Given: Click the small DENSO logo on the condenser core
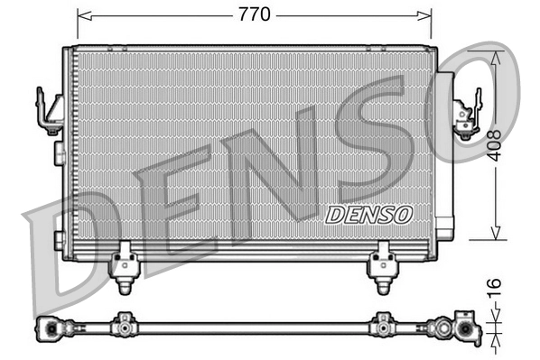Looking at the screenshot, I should click(x=368, y=214).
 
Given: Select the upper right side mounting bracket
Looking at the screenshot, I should click(x=466, y=114).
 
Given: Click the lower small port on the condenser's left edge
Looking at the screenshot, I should click(x=59, y=239).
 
